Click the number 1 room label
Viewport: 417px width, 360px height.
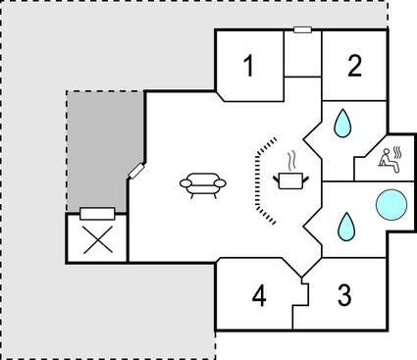(248, 67)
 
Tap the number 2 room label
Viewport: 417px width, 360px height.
(354, 66)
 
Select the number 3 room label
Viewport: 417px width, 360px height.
(344, 294)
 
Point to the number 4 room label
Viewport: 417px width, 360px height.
(258, 295)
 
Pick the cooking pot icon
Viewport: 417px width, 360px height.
(291, 180)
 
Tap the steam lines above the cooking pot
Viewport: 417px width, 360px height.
(291, 158)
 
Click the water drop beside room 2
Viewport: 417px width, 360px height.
(342, 123)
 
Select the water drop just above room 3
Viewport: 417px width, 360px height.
(346, 227)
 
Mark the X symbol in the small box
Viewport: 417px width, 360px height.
(97, 239)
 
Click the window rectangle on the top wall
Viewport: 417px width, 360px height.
(303, 29)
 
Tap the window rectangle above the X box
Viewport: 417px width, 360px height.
(97, 213)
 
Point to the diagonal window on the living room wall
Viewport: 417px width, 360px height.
(135, 171)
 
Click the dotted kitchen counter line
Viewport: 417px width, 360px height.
(258, 181)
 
